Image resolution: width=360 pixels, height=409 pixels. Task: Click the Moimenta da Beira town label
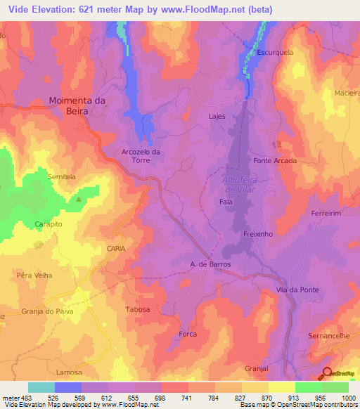[77, 105]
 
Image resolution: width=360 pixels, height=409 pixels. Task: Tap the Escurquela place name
[276, 52]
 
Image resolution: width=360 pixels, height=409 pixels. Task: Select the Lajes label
[217, 116]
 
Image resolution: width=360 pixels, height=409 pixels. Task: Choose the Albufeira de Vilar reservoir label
[231, 184]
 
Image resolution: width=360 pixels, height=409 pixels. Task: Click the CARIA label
[116, 249]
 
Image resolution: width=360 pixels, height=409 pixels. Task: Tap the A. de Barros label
[211, 264]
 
